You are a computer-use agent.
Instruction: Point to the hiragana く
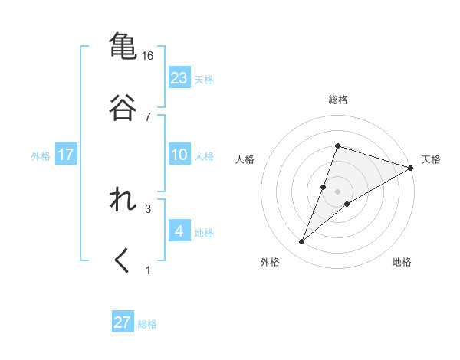[123, 261]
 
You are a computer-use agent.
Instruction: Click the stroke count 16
[148, 56]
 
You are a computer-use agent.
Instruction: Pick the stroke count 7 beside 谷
[148, 116]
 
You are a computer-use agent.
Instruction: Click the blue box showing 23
[179, 78]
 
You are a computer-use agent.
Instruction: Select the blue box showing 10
[179, 155]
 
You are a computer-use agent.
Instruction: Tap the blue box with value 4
[179, 231]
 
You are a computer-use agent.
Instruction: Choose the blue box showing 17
[66, 155]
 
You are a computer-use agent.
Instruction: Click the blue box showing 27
[123, 322]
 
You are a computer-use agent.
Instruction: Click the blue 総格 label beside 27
[147, 324]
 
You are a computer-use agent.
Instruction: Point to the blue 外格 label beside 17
[41, 156]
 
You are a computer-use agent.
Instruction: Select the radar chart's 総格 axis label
[338, 100]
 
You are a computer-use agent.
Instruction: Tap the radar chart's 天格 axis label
[431, 159]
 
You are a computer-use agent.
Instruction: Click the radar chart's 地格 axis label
[402, 262]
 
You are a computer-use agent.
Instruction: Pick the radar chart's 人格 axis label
[245, 159]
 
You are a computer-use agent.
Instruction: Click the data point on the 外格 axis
[302, 242]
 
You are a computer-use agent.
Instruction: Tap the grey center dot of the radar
[338, 191]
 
